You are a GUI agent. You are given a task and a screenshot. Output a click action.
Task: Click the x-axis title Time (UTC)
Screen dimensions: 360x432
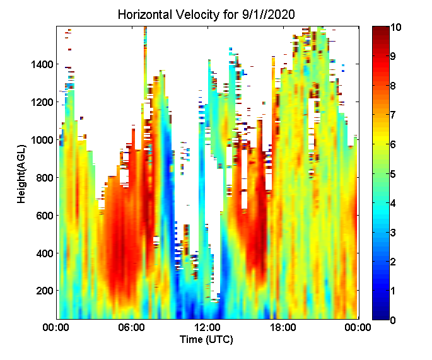[x=207, y=340]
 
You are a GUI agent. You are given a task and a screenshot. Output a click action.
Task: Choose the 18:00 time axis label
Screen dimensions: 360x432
[x=283, y=327]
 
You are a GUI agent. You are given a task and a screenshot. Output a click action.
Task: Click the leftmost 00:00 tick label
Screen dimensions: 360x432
[x=56, y=327]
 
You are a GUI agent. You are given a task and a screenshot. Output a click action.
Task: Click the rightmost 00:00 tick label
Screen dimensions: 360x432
[x=359, y=327]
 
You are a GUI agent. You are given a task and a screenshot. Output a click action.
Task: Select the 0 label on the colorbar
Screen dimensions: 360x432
[x=393, y=320]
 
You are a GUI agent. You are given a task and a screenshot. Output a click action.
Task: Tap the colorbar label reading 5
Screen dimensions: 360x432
[x=393, y=174]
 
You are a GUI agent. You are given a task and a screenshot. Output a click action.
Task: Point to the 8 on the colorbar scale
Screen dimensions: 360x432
[x=393, y=86]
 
